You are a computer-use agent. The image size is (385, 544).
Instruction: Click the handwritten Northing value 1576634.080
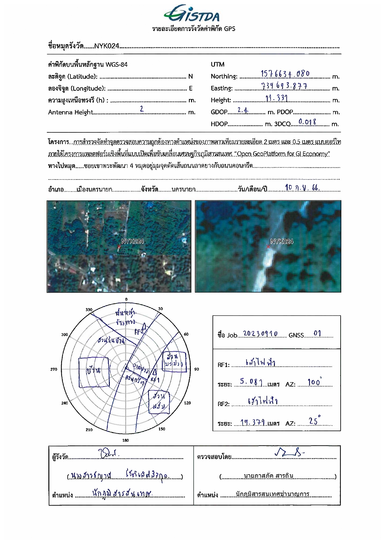[285, 74]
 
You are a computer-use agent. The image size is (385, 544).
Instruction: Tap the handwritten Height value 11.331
[277, 98]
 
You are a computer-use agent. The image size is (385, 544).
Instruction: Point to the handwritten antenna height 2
[142, 109]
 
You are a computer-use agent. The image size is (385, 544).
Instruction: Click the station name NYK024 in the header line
[107, 46]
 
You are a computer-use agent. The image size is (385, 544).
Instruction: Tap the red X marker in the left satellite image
[119, 247]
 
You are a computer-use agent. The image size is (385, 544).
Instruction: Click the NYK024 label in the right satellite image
[282, 241]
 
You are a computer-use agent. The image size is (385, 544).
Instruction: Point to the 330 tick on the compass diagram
[89, 310]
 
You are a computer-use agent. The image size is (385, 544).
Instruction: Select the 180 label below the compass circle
[126, 440]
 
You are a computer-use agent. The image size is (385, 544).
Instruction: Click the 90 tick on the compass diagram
[196, 369]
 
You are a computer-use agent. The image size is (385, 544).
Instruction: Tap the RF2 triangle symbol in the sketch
[144, 326]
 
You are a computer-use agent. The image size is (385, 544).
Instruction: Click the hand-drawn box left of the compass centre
[94, 372]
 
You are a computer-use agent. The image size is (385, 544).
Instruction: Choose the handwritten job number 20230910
[260, 334]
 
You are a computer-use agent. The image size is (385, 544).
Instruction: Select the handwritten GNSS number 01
[317, 334]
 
